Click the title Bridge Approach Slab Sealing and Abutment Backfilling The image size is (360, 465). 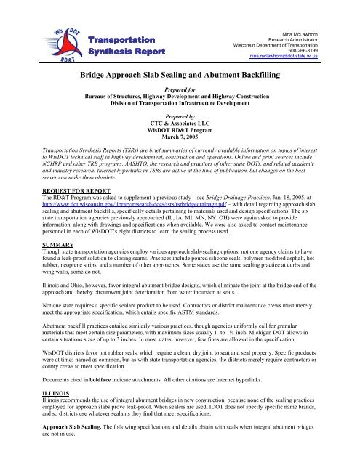coord(180,76)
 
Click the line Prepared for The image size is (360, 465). coord(180,94)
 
